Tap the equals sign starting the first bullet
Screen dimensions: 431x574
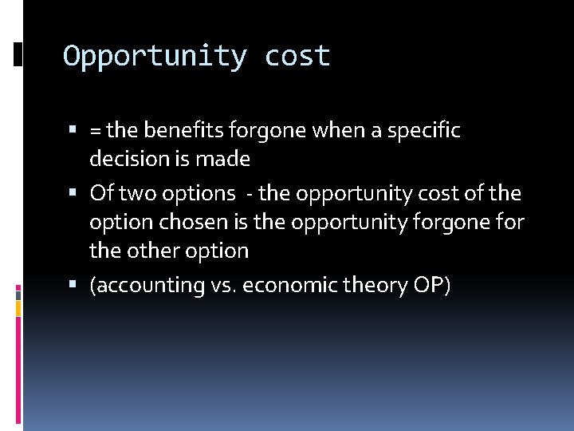[x=96, y=130]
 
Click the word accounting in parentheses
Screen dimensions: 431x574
[x=147, y=286]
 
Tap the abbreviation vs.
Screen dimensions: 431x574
[x=222, y=286]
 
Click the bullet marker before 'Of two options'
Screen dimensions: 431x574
[x=73, y=193]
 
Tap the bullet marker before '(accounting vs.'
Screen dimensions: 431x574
[x=73, y=285]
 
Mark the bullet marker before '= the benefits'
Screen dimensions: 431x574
[x=73, y=130]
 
